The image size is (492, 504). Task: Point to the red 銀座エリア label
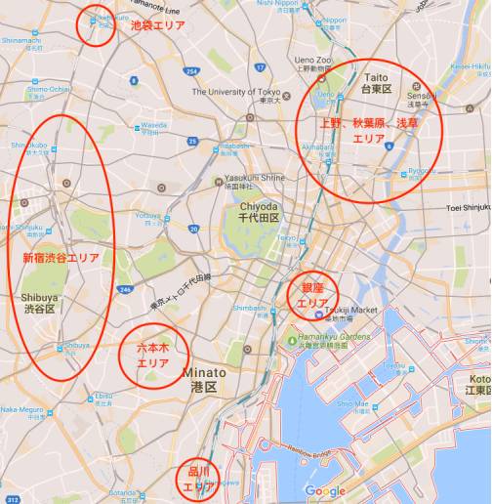(312, 296)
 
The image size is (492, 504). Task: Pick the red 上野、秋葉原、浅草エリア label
(368, 131)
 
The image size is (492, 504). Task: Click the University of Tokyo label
(235, 93)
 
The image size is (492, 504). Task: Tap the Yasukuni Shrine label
(255, 180)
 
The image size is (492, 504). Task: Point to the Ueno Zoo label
(314, 60)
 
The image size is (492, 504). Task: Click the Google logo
(324, 490)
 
